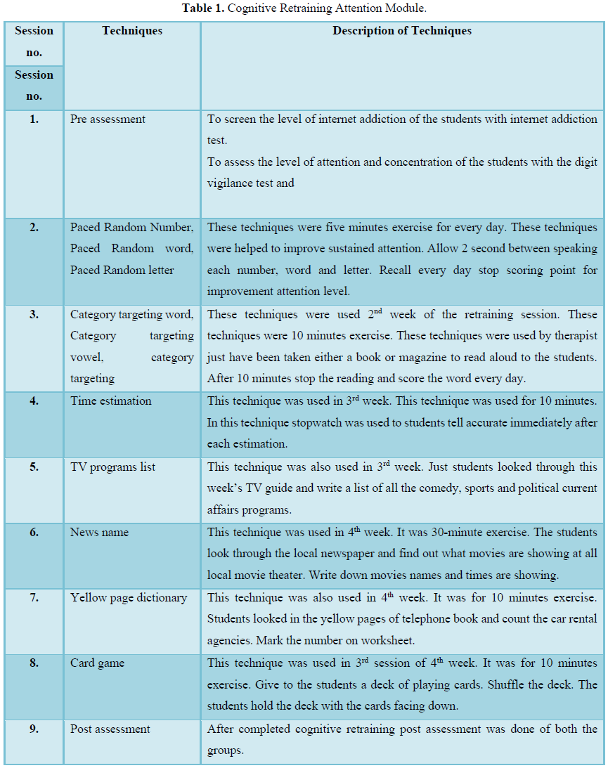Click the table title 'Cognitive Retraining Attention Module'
coord(304,8)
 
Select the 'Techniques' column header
coord(132,31)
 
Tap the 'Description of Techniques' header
coord(402,31)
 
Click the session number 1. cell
coord(34,119)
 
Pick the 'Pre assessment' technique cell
coord(108,119)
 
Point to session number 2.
coord(34,228)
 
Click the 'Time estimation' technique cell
coord(110,401)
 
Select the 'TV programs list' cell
coord(112,467)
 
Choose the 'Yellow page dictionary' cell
coord(129,598)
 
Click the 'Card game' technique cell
coord(98,663)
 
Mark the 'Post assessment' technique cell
coord(110,729)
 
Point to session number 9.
coord(34,729)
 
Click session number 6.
coord(34,533)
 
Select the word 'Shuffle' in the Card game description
coord(526,684)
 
